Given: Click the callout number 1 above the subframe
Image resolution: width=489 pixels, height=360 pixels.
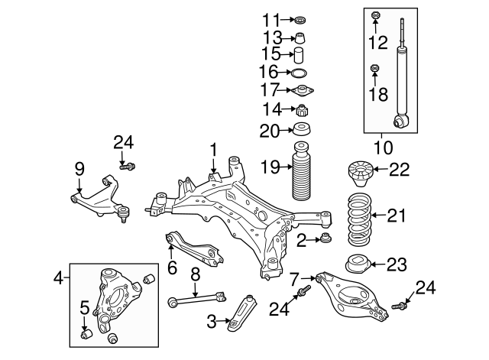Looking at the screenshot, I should tap(215, 149).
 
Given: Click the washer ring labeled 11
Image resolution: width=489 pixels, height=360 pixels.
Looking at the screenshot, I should tap(300, 18).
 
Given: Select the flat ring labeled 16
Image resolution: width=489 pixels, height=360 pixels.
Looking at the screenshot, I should tap(300, 73).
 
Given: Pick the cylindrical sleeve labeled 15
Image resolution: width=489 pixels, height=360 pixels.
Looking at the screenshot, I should tap(300, 54).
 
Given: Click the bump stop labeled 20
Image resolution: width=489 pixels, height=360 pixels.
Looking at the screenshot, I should tap(301, 130).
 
